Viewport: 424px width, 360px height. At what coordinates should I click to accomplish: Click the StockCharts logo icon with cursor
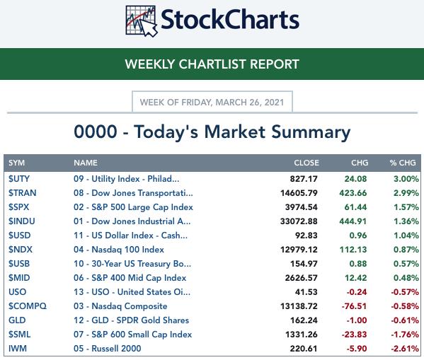point(142,21)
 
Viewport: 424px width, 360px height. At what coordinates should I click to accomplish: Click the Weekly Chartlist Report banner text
point(212,64)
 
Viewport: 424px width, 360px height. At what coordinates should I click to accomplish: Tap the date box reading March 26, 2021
point(212,102)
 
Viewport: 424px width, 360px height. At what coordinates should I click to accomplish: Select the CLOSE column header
point(306,163)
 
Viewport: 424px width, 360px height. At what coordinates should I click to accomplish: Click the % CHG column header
point(403,163)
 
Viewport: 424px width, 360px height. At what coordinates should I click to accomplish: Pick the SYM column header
point(16,163)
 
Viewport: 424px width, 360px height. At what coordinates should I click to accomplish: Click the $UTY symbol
point(19,179)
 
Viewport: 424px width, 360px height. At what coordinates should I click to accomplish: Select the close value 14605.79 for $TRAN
point(299,193)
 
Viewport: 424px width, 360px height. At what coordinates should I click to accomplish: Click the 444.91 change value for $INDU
point(353,221)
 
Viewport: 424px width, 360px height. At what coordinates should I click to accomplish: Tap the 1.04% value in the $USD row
point(406,236)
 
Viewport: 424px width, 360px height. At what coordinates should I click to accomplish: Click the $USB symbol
point(19,264)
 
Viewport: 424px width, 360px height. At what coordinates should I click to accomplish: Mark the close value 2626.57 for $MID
point(302,277)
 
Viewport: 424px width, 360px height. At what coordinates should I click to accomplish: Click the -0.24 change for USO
point(357,292)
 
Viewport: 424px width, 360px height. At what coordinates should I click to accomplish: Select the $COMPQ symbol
point(28,306)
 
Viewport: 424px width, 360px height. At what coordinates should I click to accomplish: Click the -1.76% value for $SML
point(405,335)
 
